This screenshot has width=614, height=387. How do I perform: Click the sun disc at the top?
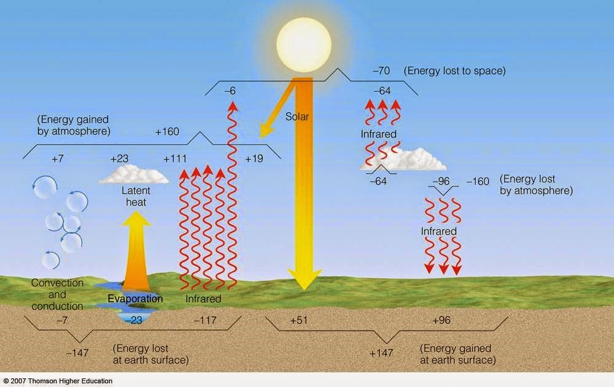coord(303,42)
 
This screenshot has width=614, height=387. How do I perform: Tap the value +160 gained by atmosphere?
coord(167,131)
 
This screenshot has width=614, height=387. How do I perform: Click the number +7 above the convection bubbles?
coord(58,159)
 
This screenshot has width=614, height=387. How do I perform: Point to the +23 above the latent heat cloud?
coord(119,159)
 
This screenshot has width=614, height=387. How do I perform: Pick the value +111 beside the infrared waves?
coord(175,159)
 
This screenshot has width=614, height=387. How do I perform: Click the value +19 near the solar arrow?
coord(254,159)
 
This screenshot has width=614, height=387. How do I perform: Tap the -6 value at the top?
coord(230,91)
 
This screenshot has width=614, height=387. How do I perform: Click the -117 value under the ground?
coord(205,321)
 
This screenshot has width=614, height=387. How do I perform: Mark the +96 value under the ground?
coord(442,321)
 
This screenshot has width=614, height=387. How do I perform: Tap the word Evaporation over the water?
coord(135,299)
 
